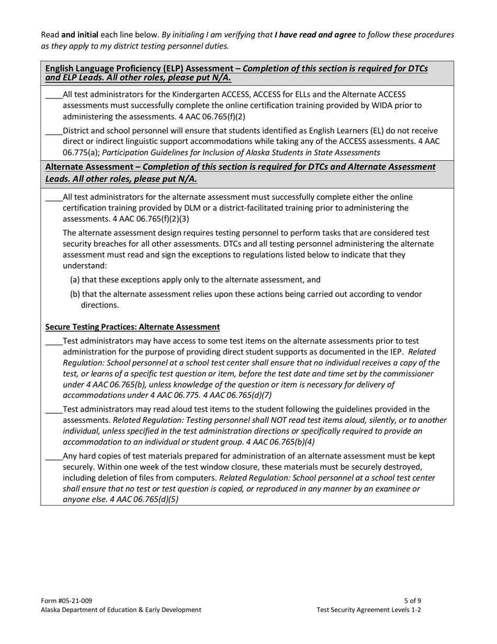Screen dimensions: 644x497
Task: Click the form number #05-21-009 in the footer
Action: tap(66, 601)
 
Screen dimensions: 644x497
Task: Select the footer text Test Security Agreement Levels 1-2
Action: tap(369, 609)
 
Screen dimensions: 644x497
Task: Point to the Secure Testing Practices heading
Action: tap(132, 327)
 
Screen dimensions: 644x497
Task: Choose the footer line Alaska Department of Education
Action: tap(121, 609)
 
